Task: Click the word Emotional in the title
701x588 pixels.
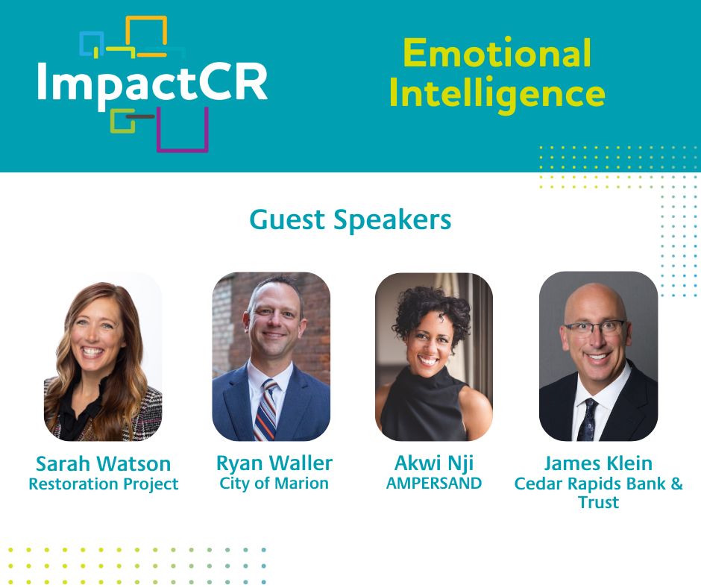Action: tap(497, 53)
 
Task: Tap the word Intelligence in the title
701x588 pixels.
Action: tap(497, 94)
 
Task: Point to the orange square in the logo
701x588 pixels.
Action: tap(146, 18)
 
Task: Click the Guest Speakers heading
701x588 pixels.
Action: tap(350, 220)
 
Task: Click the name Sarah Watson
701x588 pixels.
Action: tap(103, 463)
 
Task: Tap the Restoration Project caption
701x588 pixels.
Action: tap(103, 484)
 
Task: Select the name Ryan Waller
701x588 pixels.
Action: tap(274, 463)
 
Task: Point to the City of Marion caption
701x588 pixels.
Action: tap(274, 484)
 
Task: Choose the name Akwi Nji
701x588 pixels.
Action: tap(434, 463)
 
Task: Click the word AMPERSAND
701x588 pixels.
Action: tap(434, 484)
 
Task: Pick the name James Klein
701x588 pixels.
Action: tap(598, 463)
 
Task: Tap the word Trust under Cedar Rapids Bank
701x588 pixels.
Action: tap(598, 502)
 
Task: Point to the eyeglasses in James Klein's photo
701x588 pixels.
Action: tap(594, 328)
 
